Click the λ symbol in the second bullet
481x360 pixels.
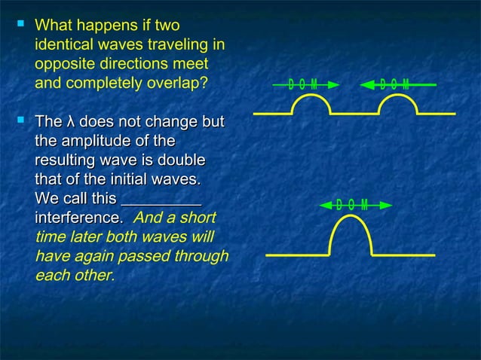70,122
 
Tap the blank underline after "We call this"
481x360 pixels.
161,200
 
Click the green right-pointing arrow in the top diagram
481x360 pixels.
301,84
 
